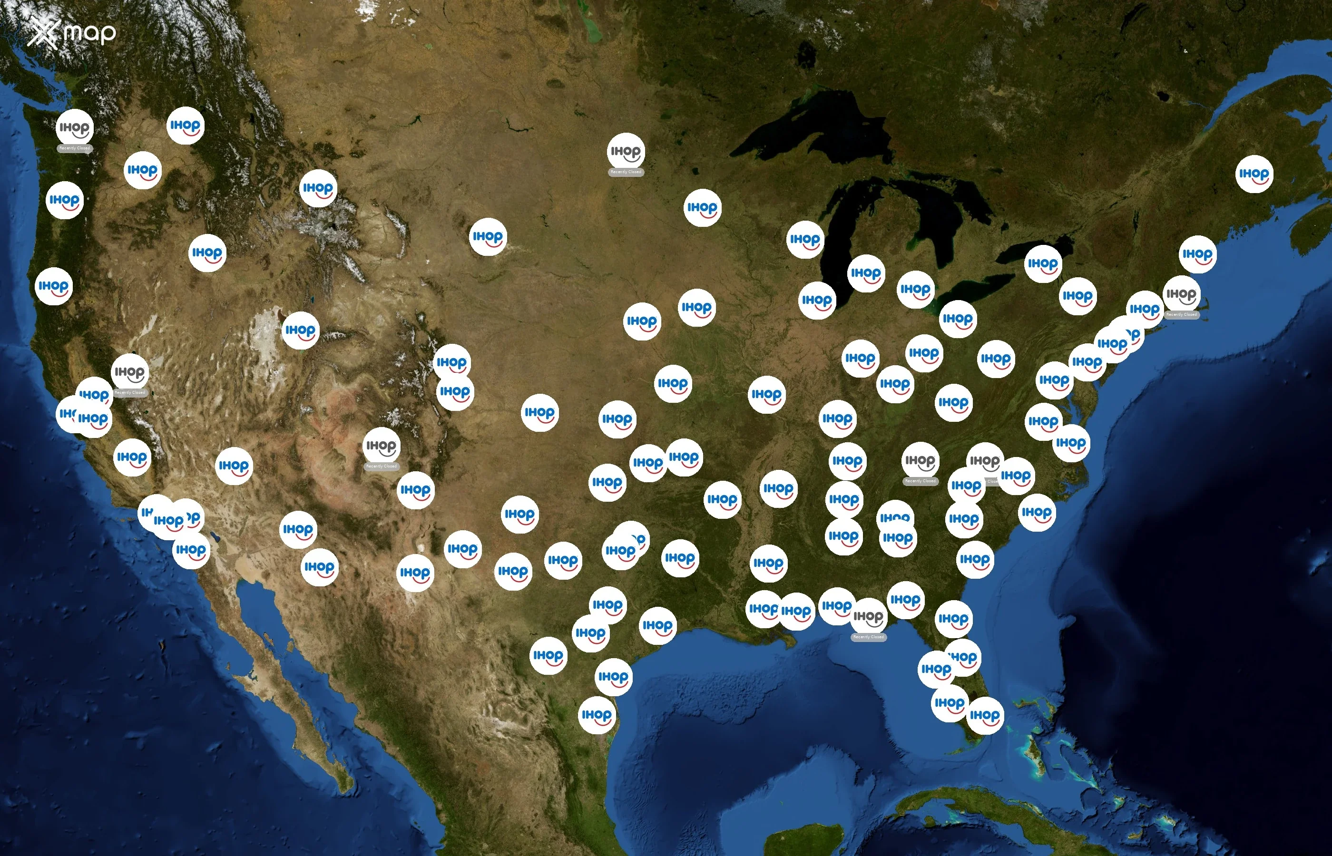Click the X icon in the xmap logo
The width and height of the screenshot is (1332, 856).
[42, 33]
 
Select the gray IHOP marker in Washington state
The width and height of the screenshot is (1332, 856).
[75, 128]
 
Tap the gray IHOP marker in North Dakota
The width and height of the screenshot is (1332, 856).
[626, 151]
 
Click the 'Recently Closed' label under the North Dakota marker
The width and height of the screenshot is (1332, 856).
[626, 172]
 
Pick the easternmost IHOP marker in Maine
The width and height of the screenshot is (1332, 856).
[1254, 174]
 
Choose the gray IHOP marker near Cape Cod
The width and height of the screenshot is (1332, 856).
[1181, 294]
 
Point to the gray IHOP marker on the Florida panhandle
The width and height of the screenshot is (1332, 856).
[868, 616]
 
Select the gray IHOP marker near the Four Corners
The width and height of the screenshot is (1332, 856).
[382, 446]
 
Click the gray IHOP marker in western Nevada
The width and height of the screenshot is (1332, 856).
[130, 372]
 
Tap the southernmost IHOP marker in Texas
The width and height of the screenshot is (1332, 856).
[597, 715]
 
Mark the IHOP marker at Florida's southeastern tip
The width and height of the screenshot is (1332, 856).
[985, 715]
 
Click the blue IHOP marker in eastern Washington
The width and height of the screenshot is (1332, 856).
[185, 126]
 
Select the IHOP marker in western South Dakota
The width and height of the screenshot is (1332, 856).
[488, 237]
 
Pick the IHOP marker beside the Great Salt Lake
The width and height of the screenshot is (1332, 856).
[300, 330]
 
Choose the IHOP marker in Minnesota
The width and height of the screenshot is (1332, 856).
[702, 208]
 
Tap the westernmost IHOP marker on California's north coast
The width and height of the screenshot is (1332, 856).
[53, 286]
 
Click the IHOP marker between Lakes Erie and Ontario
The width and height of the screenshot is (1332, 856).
[1043, 263]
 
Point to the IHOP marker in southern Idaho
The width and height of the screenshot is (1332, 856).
[207, 253]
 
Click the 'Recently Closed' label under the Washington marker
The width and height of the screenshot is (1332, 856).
[75, 148]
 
